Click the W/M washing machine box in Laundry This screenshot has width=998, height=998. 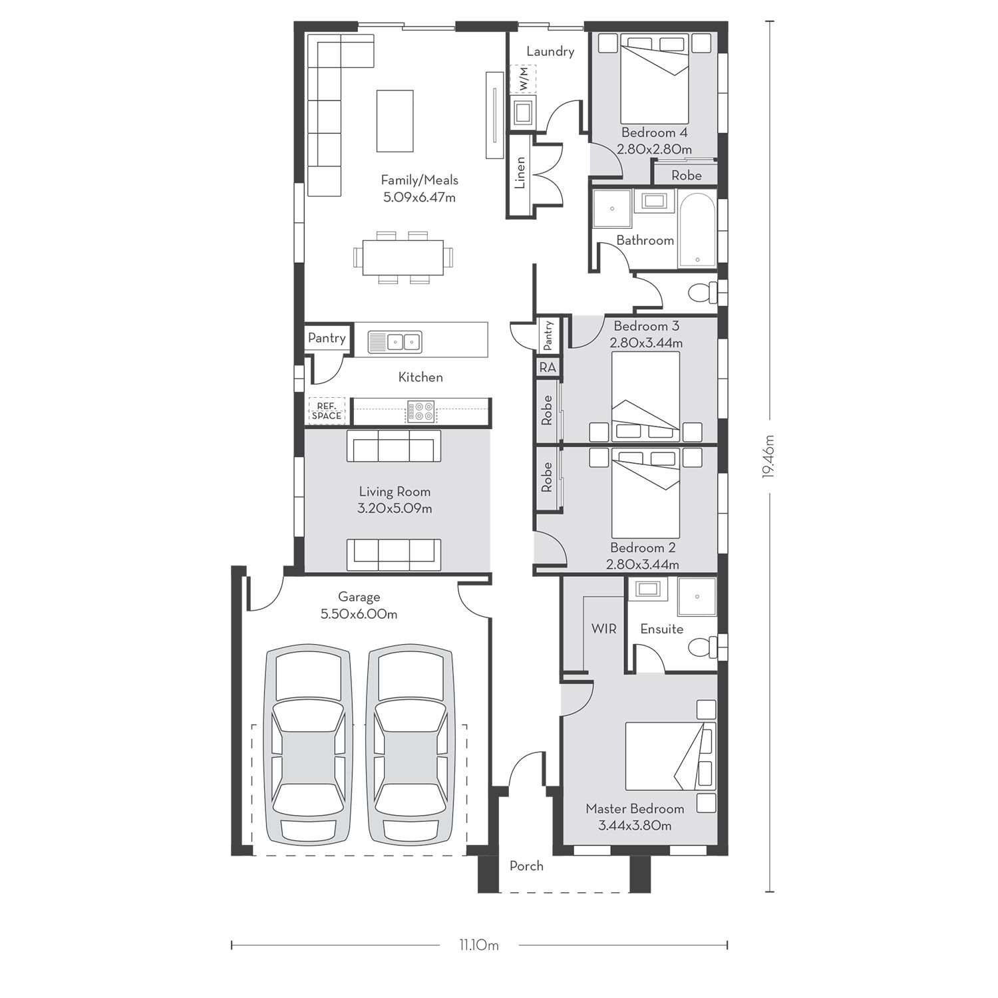523,79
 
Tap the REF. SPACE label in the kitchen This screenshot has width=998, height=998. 327,411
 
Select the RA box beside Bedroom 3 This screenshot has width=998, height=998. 548,367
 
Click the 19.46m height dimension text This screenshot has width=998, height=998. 770,456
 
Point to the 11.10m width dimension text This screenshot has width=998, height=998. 478,945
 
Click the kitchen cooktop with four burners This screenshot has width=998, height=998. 420,411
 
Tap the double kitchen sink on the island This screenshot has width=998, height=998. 395,342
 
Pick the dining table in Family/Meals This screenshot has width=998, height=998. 403,257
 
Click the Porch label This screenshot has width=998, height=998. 526,866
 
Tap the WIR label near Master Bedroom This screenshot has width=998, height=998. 603,628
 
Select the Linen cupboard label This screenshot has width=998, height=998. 520,172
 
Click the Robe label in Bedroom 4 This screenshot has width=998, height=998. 686,175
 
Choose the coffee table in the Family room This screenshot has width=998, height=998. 395,121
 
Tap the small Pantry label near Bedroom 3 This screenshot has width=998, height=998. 548,335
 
